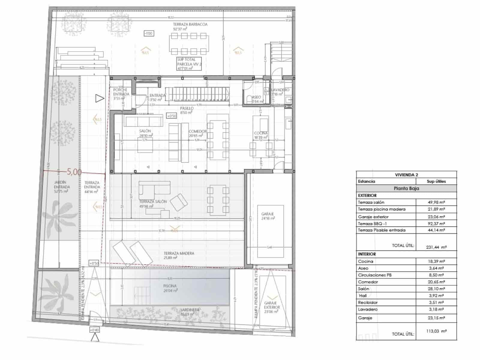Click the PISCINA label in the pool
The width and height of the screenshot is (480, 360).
tap(170, 286)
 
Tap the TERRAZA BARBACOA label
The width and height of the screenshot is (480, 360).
tap(190, 24)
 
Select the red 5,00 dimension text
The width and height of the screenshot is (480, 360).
tap(74, 172)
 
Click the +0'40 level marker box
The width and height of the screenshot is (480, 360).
tap(94, 330)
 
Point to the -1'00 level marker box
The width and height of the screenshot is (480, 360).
tap(148, 34)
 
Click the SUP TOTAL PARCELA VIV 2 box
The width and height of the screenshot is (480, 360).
tap(189, 64)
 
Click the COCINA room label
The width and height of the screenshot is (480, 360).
tap(261, 133)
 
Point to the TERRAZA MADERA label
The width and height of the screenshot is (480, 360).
tap(179, 253)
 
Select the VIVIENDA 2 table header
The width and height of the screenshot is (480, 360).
tap(406, 175)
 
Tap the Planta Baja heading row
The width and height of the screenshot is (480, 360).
tap(406, 188)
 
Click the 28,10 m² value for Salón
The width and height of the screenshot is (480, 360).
tap(436, 289)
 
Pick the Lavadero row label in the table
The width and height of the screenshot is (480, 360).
tap(367, 309)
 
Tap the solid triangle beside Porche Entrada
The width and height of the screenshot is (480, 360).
tap(99, 98)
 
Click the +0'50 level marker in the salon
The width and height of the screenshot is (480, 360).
tap(171, 116)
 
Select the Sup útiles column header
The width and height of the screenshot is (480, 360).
tap(436, 181)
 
